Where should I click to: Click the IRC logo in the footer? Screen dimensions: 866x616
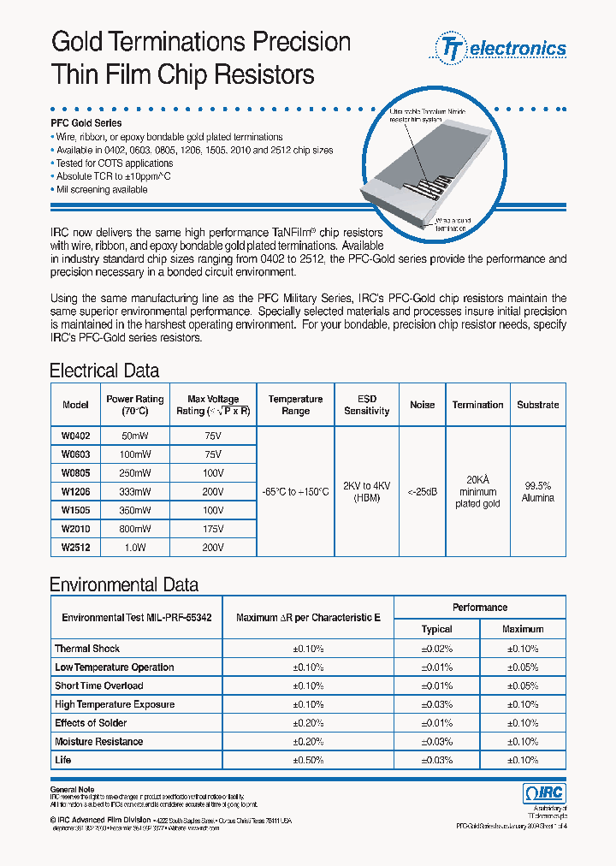pyautogui.click(x=543, y=794)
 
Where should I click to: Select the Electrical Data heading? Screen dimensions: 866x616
pyautogui.click(x=104, y=371)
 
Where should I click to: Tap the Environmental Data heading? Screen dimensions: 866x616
pyautogui.click(x=124, y=585)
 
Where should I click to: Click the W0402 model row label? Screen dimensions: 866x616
pyautogui.click(x=75, y=436)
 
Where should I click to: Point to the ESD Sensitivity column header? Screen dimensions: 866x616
pyautogui.click(x=366, y=405)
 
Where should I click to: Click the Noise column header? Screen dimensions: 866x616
pyautogui.click(x=422, y=405)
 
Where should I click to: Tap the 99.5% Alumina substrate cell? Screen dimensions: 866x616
pyautogui.click(x=537, y=492)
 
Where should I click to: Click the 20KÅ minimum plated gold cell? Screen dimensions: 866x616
pyautogui.click(x=477, y=492)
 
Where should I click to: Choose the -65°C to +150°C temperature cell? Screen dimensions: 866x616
pyautogui.click(x=294, y=492)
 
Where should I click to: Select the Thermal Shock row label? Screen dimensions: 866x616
pyautogui.click(x=87, y=649)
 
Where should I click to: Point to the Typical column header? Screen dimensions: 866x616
pyautogui.click(x=436, y=629)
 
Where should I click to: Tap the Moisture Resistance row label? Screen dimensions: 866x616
pyautogui.click(x=98, y=741)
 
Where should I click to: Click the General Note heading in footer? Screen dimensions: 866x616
pyautogui.click(x=73, y=789)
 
